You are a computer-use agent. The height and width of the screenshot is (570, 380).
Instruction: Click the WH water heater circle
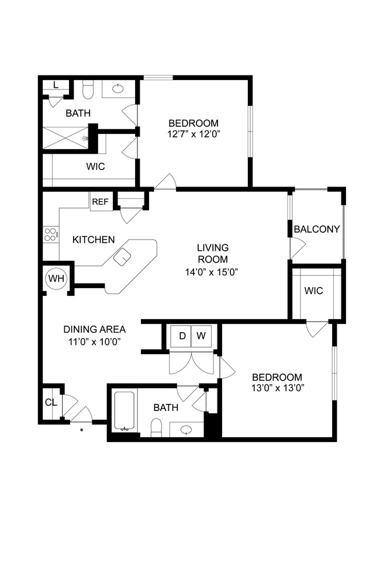click(57, 278)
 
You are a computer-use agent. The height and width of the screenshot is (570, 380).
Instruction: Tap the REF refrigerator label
click(100, 202)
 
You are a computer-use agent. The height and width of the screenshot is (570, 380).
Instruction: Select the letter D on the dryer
click(182, 336)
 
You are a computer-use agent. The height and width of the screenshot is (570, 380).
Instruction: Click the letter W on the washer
click(201, 336)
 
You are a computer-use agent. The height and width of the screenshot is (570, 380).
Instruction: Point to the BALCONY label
click(316, 229)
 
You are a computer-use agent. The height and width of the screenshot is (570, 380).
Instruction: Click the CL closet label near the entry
click(50, 402)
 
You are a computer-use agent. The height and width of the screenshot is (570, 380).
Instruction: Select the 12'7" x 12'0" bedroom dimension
click(194, 134)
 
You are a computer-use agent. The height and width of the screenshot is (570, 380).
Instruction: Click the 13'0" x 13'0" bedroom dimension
click(277, 388)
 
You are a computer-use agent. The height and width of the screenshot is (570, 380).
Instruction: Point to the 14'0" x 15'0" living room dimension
click(212, 271)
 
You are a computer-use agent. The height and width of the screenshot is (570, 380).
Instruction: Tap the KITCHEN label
click(94, 240)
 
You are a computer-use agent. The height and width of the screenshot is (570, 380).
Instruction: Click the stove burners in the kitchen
click(51, 234)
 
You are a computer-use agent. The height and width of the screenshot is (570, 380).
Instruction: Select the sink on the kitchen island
click(122, 257)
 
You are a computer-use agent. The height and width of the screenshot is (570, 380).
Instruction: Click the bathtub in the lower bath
click(124, 412)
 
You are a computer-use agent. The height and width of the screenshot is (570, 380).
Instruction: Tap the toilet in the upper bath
click(88, 91)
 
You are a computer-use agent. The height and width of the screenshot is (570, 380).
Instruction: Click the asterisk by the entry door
click(81, 430)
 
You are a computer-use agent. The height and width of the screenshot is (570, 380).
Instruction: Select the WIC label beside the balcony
click(313, 291)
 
